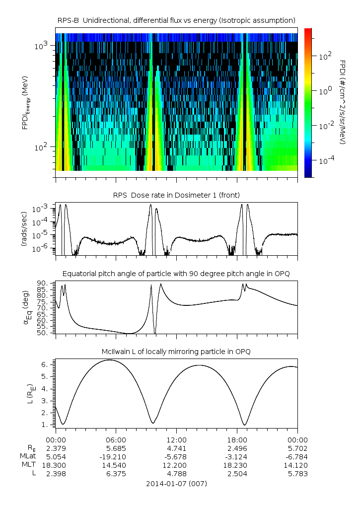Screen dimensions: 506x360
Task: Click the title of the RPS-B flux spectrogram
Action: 176,20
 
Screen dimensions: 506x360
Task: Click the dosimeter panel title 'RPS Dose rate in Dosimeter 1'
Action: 176,194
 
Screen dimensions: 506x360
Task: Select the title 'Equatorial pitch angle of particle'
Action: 176,274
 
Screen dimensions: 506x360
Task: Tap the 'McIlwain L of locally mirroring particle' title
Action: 176,352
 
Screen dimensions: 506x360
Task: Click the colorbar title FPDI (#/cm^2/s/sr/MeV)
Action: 343,102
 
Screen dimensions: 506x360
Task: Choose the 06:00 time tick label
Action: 116,439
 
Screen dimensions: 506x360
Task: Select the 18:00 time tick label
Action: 237,439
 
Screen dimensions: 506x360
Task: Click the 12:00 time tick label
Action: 176,439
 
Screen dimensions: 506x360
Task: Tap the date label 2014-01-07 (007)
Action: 176,483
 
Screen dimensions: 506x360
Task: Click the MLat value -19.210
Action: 116,456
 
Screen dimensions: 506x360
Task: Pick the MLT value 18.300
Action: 56,465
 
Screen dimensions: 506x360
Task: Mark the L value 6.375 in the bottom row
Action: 116,474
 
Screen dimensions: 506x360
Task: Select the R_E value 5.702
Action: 297,448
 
